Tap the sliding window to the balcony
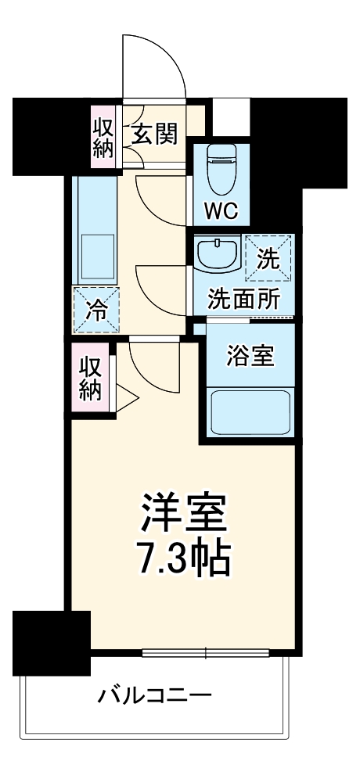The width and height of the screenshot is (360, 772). click(x=205, y=652)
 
